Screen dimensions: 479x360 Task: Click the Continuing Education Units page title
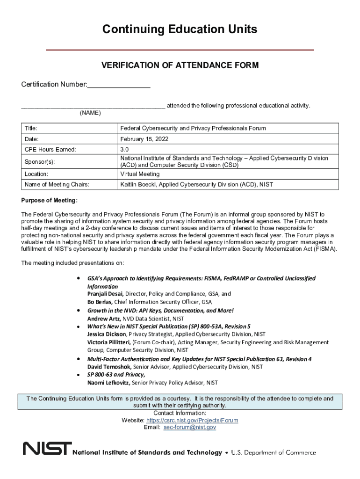tap(180, 29)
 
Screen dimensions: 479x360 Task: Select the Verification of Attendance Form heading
tap(180, 65)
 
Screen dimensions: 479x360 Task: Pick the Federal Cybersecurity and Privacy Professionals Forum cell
tap(193, 128)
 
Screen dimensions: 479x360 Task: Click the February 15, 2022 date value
tap(144, 139)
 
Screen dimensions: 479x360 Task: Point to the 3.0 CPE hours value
tap(124, 150)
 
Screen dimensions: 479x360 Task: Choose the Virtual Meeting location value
tap(140, 174)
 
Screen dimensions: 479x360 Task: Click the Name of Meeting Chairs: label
tap(57, 185)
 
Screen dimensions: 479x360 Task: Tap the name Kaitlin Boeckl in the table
tap(138, 185)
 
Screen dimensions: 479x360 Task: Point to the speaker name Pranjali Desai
tap(105, 294)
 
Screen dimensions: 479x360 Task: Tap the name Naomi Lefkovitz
tap(108, 383)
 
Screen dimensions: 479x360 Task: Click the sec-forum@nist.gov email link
tap(189, 428)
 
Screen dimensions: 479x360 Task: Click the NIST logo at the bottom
tap(47, 449)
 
